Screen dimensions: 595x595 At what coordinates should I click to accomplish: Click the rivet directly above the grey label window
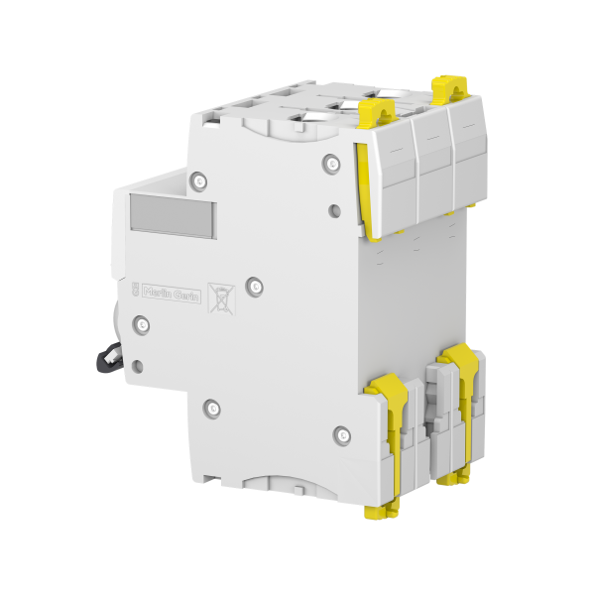click(198, 179)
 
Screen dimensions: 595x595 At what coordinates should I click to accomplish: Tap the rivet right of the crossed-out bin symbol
click(255, 286)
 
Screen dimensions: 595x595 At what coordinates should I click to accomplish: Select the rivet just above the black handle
click(141, 324)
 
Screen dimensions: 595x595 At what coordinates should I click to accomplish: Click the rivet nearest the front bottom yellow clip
click(342, 432)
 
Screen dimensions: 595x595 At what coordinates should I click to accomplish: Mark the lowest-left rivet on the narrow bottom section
click(211, 407)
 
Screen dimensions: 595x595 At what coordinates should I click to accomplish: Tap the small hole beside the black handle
click(137, 364)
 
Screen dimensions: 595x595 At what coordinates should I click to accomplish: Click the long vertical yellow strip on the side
click(363, 188)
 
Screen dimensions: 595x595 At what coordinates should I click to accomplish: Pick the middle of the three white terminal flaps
click(430, 164)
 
